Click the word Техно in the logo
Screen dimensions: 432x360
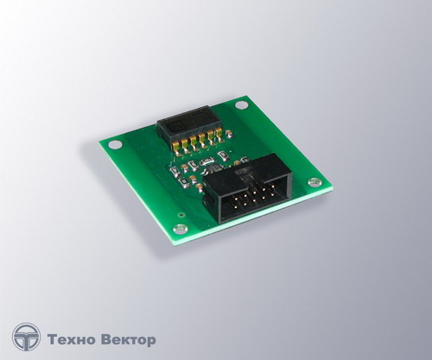click(71, 340)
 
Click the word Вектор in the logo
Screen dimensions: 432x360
click(129, 340)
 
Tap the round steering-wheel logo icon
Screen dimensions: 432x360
click(26, 337)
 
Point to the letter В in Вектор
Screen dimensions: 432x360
click(106, 340)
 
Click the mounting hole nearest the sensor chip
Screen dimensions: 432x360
click(240, 105)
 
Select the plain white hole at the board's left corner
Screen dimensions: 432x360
click(115, 144)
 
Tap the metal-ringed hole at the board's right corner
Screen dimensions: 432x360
click(314, 181)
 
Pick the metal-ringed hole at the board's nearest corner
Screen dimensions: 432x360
click(181, 229)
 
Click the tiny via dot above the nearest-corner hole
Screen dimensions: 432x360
click(181, 214)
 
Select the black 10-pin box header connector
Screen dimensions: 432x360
click(249, 189)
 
